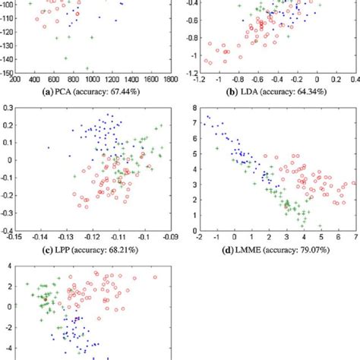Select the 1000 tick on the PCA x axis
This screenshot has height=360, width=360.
[92, 79]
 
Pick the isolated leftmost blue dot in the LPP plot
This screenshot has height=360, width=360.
[49, 147]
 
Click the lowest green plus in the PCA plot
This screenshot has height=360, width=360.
[87, 68]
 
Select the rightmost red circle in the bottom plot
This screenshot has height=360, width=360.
[155, 277]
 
